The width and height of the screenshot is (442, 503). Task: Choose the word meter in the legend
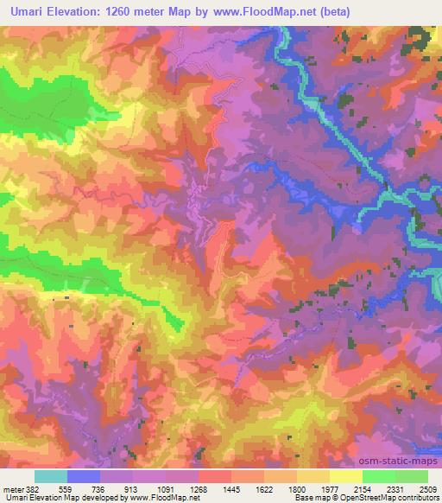(x=14, y=488)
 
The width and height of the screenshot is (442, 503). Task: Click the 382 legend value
(x=34, y=488)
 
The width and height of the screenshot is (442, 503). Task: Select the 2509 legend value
(x=427, y=488)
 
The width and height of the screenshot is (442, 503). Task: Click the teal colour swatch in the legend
(x=51, y=476)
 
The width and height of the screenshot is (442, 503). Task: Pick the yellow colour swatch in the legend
(x=345, y=476)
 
